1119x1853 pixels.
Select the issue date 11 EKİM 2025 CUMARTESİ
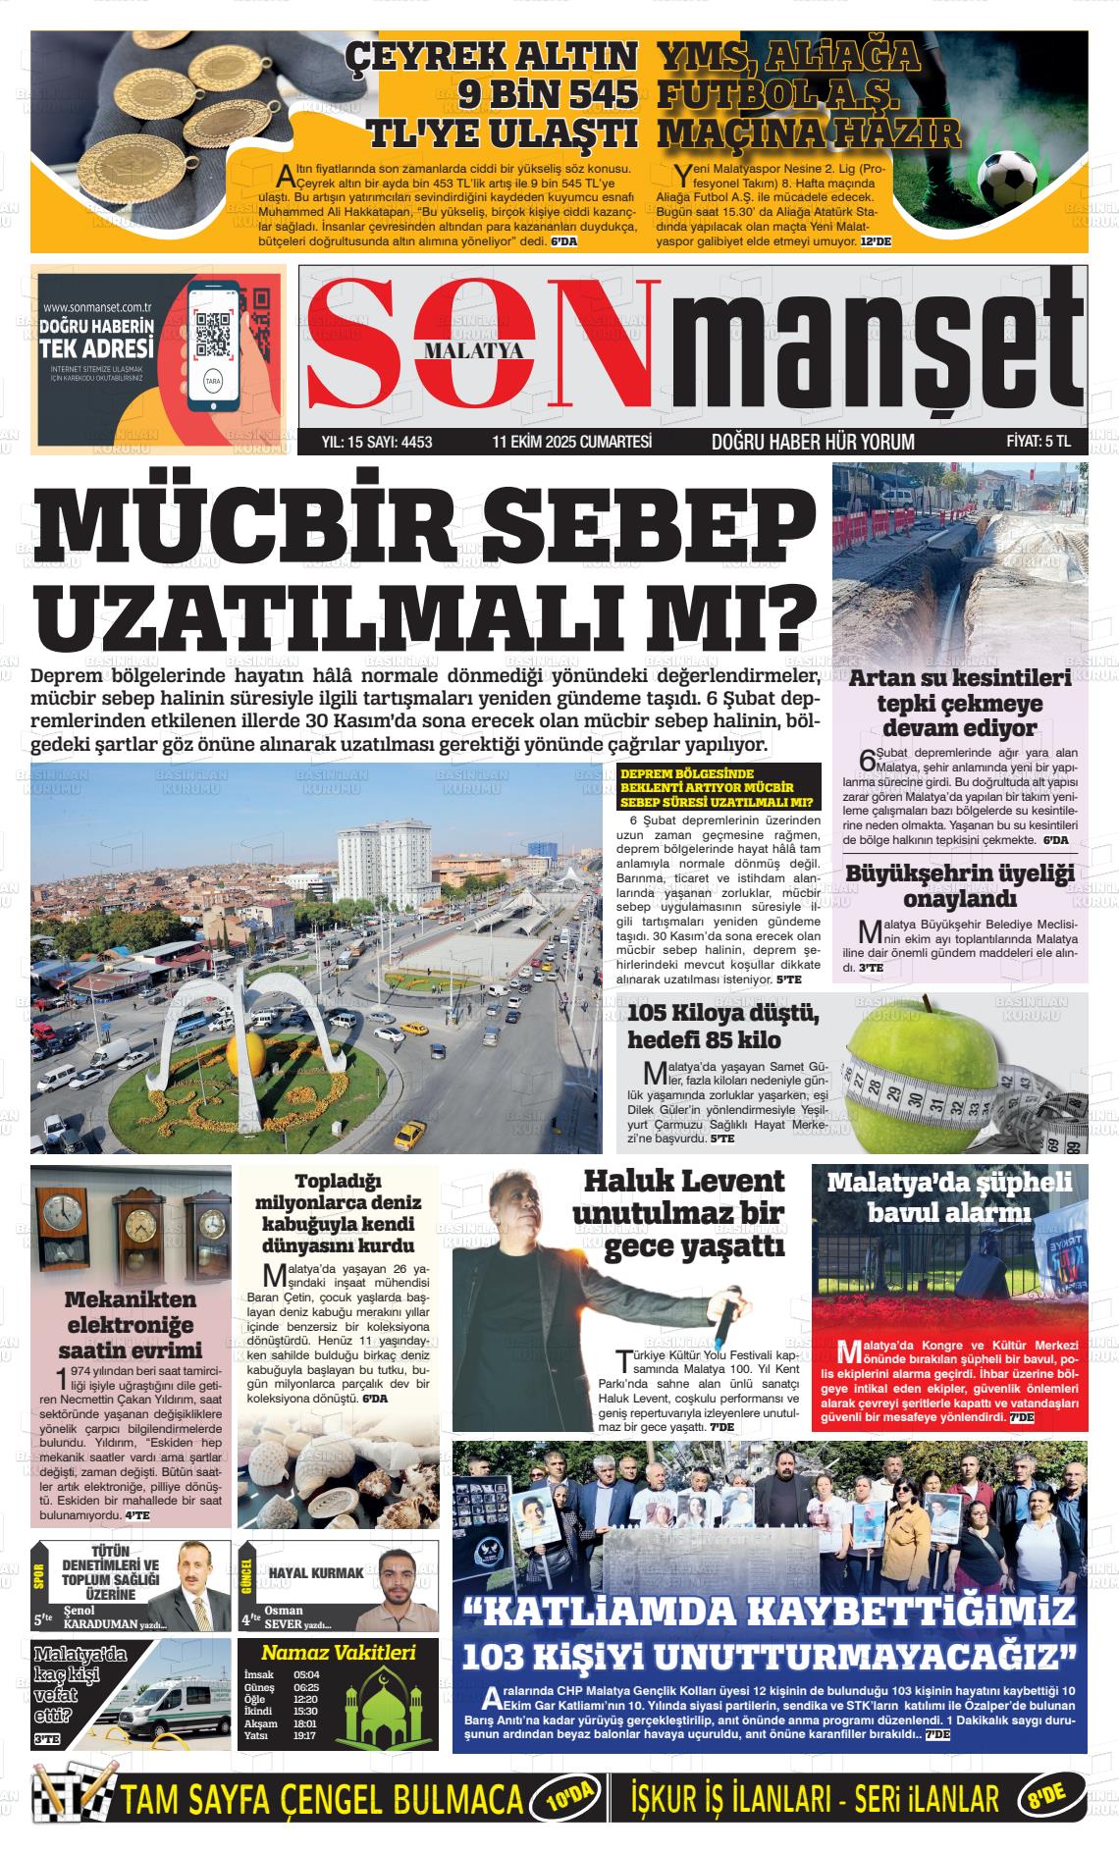pyautogui.click(x=572, y=442)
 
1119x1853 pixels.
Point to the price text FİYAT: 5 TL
pyautogui.click(x=1039, y=442)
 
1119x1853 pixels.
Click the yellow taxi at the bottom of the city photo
pyautogui.click(x=409, y=1135)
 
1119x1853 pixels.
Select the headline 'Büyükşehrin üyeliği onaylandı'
pyautogui.click(x=960, y=885)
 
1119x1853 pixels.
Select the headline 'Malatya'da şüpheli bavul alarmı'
pyautogui.click(x=949, y=1196)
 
